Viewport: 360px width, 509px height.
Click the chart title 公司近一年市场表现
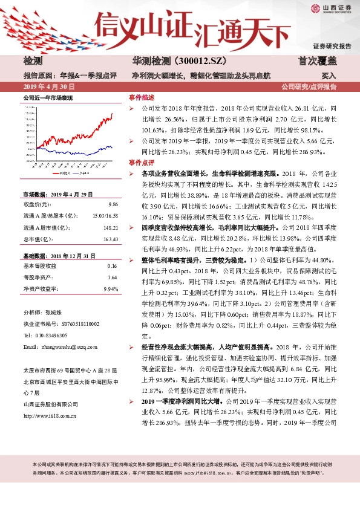(x=47, y=97)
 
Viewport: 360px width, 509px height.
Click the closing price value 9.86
(x=113, y=204)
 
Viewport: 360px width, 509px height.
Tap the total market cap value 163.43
(x=110, y=238)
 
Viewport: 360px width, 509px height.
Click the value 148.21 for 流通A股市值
(x=110, y=227)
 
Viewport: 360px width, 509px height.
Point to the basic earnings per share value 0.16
(x=113, y=266)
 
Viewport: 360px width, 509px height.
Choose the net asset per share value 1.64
(x=113, y=277)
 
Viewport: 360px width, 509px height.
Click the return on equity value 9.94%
(x=110, y=289)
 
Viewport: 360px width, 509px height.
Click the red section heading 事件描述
(x=141, y=97)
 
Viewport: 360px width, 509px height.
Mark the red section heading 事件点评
(x=141, y=163)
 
